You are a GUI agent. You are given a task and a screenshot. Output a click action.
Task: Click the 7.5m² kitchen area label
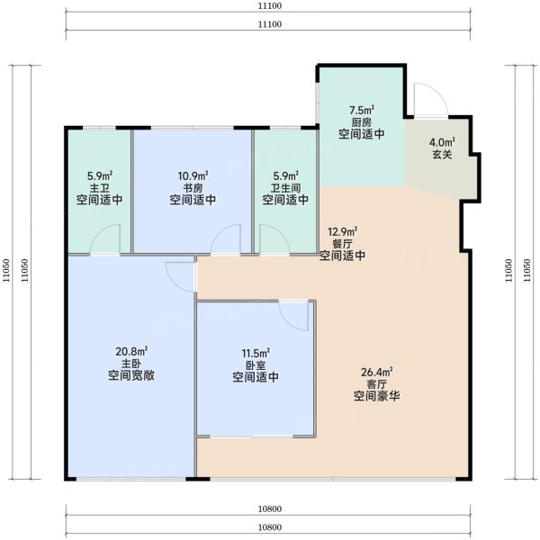362,110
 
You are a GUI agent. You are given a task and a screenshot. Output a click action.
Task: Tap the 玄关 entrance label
442,154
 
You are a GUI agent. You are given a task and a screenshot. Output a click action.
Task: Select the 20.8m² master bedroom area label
131,352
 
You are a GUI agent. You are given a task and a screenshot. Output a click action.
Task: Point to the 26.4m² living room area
377,373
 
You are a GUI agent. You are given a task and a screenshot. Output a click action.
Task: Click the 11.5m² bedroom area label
256,354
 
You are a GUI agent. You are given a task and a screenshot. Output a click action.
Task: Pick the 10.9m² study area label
193,176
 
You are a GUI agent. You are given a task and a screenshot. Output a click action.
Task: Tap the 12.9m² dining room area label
342,231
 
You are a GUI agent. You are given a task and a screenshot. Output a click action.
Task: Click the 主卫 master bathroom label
100,188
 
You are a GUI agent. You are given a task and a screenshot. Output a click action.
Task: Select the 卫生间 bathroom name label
285,188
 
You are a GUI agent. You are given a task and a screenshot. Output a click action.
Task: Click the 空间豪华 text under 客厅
377,396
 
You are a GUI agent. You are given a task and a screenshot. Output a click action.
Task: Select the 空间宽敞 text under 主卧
131,375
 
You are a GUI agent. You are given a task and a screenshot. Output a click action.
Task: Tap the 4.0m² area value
442,142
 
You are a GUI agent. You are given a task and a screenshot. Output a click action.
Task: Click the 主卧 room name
131,364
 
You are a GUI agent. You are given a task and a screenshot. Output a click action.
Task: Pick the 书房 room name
193,188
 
